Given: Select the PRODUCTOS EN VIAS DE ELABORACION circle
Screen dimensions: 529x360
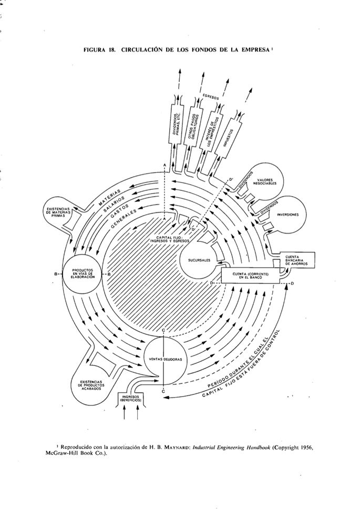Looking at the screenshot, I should coord(82,274).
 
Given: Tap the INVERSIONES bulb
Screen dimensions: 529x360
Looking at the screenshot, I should coord(286,215).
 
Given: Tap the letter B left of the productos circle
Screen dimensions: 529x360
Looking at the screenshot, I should coord(55,274).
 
